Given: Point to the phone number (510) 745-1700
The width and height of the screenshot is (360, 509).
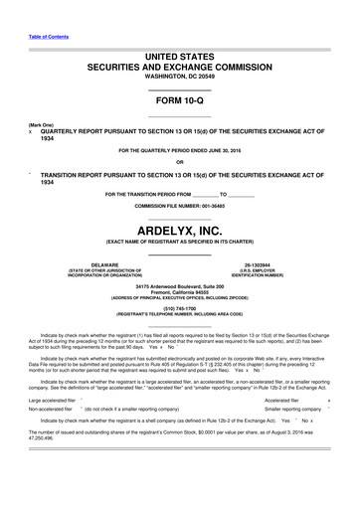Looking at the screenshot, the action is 179,307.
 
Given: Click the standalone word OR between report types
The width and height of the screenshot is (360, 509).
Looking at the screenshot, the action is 180,162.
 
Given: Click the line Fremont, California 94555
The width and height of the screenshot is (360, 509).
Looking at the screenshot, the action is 180,292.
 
